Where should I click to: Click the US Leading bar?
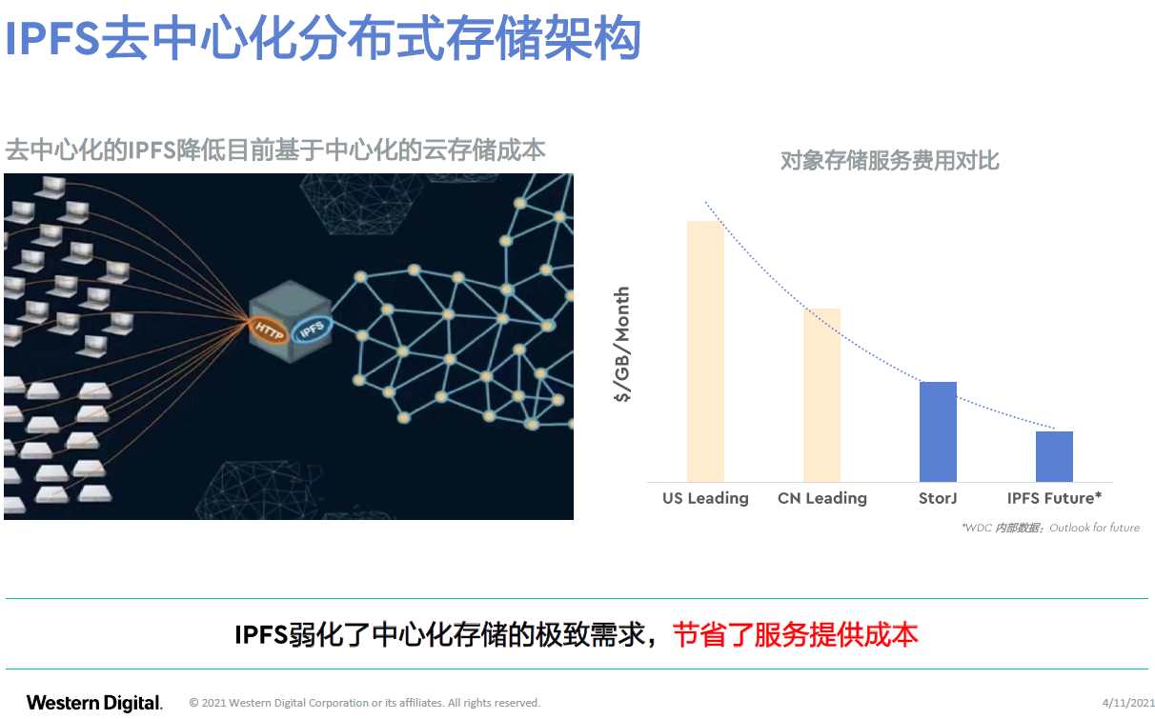tap(705, 351)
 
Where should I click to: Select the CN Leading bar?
tap(821, 395)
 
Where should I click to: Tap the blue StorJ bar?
tap(938, 432)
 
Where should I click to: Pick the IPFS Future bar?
tap(1054, 457)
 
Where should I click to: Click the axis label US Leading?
tap(705, 498)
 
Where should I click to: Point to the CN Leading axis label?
tap(822, 498)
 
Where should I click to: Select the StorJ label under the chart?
tap(938, 498)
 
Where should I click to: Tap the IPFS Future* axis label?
tap(1054, 498)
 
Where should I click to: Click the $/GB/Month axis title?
tap(622, 344)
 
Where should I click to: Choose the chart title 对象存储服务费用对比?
tap(890, 160)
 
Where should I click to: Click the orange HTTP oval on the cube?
tap(269, 330)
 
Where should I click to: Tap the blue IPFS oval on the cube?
tap(312, 329)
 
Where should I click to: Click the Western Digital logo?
tap(94, 703)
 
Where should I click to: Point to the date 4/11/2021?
tap(1128, 703)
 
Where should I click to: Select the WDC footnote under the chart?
tap(1050, 528)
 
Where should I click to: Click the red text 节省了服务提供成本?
tap(796, 634)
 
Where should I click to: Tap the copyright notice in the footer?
tap(365, 703)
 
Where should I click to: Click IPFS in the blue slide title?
tap(52, 38)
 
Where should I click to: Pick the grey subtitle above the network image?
tap(275, 150)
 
